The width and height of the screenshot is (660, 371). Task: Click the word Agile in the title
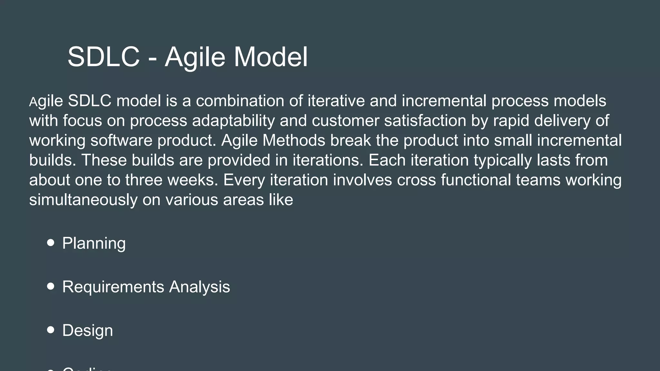195,57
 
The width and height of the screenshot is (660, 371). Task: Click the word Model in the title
270,57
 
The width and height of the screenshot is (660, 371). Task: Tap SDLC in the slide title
103,57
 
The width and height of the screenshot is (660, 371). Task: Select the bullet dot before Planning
51,243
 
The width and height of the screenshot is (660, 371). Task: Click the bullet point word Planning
94,243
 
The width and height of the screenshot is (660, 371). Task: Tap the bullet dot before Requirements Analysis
51,286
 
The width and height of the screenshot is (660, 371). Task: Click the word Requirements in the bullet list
113,287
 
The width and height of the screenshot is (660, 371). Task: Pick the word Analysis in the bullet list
199,287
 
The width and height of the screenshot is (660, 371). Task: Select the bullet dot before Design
51,330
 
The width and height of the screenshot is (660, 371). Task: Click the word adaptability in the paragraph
233,121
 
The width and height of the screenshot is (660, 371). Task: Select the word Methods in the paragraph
294,140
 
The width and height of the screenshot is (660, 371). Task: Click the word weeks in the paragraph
192,180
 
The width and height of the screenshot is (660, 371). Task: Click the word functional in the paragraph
476,180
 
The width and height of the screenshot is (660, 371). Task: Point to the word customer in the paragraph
345,121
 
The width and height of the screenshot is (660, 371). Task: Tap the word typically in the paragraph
502,160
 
